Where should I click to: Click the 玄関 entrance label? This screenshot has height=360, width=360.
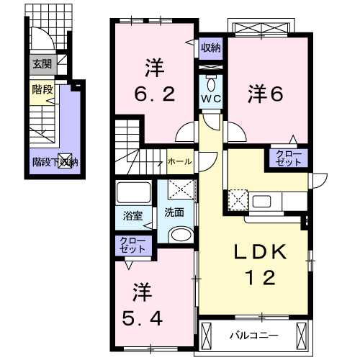(42, 64)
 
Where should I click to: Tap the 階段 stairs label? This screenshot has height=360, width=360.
(42, 90)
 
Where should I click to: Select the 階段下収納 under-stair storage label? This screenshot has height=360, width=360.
(55, 163)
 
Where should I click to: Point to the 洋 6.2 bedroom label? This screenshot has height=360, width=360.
(155, 81)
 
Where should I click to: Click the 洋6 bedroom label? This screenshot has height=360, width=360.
(266, 94)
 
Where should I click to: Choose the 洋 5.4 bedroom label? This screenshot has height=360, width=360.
(143, 305)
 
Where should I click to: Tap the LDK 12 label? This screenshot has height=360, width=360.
(261, 264)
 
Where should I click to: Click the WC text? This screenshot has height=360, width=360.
(211, 99)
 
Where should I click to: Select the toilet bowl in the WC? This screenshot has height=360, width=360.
(211, 84)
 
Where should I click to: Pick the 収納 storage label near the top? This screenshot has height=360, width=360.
(211, 48)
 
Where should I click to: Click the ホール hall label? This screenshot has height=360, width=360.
(180, 161)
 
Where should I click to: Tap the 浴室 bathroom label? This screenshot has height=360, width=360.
(133, 216)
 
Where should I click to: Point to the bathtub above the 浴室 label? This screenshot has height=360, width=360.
(133, 192)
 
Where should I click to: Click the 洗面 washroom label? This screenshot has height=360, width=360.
(174, 212)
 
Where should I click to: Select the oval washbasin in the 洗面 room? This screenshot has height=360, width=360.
(181, 235)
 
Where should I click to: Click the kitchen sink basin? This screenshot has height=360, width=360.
(261, 202)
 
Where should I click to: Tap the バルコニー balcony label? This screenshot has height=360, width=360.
(254, 336)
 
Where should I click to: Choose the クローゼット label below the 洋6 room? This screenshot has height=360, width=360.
(288, 158)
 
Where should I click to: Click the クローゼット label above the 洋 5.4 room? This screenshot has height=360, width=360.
(132, 245)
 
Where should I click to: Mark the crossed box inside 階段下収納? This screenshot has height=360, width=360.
(66, 160)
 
